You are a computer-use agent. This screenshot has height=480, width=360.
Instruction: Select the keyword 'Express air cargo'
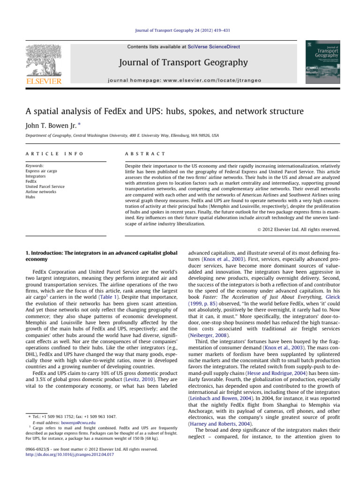[37, 171]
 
